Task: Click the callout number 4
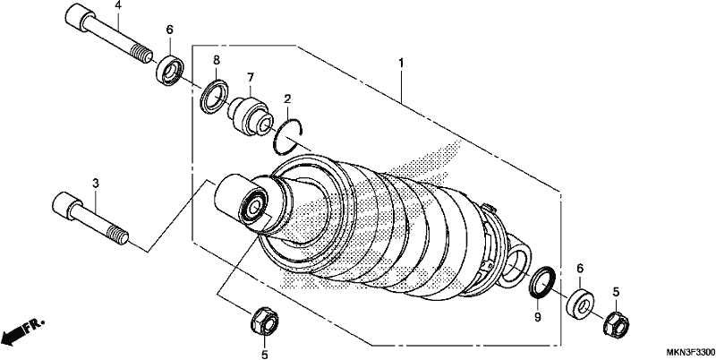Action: tap(118, 5)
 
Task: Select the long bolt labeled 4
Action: tap(108, 34)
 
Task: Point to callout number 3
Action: tap(96, 184)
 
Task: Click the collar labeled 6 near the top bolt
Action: tap(170, 70)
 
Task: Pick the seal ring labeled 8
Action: tap(214, 96)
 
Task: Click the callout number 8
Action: tap(217, 60)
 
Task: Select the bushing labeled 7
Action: tap(250, 116)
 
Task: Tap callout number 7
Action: tap(251, 78)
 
